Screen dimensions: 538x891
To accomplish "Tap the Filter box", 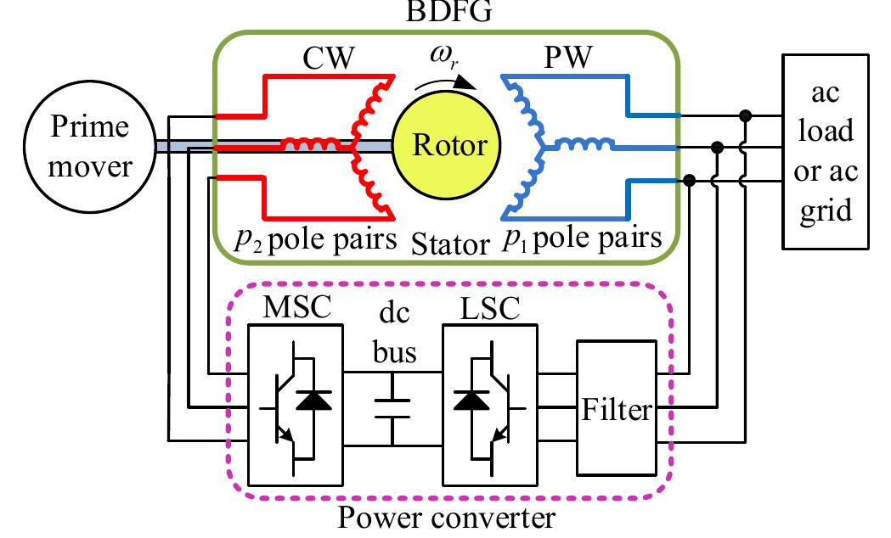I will click(616, 412).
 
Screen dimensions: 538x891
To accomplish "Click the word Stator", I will click(450, 246).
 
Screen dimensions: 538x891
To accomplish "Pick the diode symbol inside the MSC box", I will click(317, 401).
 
